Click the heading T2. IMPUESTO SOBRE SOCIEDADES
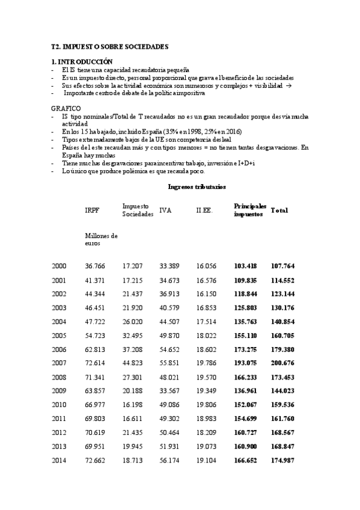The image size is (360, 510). click(109, 46)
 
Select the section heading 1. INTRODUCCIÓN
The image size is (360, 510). click(82, 62)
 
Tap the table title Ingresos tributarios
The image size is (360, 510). click(197, 187)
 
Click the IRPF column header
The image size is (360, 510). click(93, 210)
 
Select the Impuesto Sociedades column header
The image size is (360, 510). click(138, 210)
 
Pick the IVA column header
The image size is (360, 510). click(166, 210)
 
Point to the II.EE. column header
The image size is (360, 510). click(204, 210)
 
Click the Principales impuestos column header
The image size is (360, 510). click(249, 210)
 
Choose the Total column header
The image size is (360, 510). click(279, 210)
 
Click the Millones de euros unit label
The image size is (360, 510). click(102, 239)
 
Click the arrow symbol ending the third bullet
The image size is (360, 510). click(289, 86)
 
